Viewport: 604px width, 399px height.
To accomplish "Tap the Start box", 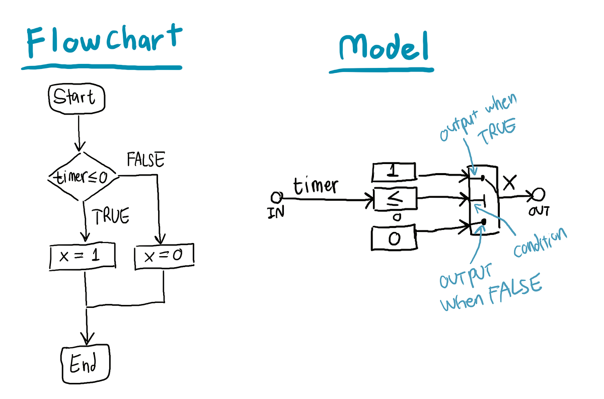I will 77,98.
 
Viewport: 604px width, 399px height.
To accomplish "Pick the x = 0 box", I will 164,257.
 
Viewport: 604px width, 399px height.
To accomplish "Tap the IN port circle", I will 275,197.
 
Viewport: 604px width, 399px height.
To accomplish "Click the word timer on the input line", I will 316,186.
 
